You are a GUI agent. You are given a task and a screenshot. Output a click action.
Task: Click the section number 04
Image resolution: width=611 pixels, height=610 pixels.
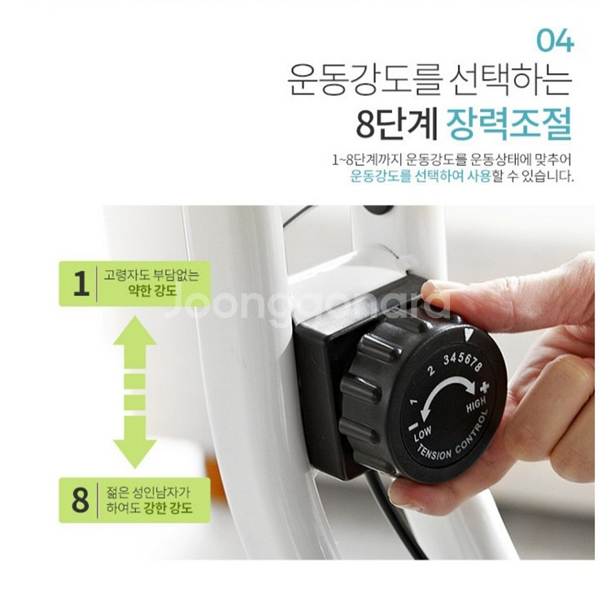coord(555,41)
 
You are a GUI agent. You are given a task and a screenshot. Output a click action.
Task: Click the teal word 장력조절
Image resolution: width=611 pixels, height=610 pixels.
coord(508,124)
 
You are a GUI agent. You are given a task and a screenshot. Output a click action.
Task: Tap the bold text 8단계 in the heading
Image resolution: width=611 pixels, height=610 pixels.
coord(396,124)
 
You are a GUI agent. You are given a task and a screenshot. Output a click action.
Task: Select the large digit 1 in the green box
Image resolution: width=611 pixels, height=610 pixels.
coord(81,284)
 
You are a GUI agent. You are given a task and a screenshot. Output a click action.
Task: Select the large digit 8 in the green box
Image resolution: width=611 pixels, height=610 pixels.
coord(81,499)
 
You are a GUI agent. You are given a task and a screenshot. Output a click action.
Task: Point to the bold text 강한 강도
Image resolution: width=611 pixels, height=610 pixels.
coord(168,508)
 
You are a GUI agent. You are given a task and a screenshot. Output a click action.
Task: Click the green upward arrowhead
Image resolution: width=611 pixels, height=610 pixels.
coord(135,331)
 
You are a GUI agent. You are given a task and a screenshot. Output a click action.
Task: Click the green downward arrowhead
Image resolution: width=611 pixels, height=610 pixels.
coord(135,454)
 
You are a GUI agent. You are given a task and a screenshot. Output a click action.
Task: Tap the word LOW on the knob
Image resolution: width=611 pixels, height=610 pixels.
coord(422,434)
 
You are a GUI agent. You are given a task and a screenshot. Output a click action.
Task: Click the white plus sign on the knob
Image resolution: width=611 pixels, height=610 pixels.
coord(484,387)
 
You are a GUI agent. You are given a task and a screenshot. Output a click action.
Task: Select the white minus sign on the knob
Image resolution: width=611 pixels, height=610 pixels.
coord(413,426)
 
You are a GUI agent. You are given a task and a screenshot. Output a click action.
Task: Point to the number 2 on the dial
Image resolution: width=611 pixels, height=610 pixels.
coord(430,370)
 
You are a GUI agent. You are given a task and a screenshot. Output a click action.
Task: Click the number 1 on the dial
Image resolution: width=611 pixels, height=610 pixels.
coord(414,401)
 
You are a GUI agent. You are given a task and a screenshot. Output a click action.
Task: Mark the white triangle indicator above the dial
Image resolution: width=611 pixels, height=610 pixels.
coord(469,333)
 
